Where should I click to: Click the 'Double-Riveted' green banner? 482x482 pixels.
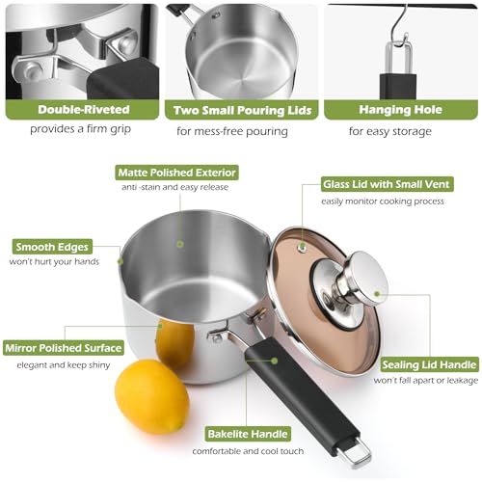[x=82, y=110]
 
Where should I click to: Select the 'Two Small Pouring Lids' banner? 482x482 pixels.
[x=242, y=110]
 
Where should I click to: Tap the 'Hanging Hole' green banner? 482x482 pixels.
[x=401, y=110]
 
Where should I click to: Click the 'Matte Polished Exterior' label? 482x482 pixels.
[x=176, y=173]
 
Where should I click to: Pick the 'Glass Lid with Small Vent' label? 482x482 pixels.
[x=387, y=184]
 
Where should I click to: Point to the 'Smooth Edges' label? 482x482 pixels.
[x=52, y=247]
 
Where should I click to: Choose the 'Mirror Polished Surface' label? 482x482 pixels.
[x=64, y=348]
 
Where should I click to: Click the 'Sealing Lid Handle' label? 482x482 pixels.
[x=429, y=365]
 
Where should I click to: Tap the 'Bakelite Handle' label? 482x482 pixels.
[x=248, y=434]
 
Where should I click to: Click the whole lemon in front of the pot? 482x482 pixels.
[x=152, y=397]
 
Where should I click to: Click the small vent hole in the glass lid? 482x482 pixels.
[x=302, y=247]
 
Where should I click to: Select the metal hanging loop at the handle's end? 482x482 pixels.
[x=356, y=452]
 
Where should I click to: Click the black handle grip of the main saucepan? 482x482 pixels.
[x=301, y=394]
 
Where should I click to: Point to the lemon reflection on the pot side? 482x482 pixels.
[x=174, y=345]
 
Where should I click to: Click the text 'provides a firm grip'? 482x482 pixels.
[x=80, y=129]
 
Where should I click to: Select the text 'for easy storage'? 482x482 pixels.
[x=390, y=131]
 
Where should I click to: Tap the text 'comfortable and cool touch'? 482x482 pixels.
[x=248, y=451]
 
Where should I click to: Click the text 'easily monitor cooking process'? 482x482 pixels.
[x=383, y=201]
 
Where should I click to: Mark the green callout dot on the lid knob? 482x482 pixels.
[x=377, y=293]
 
